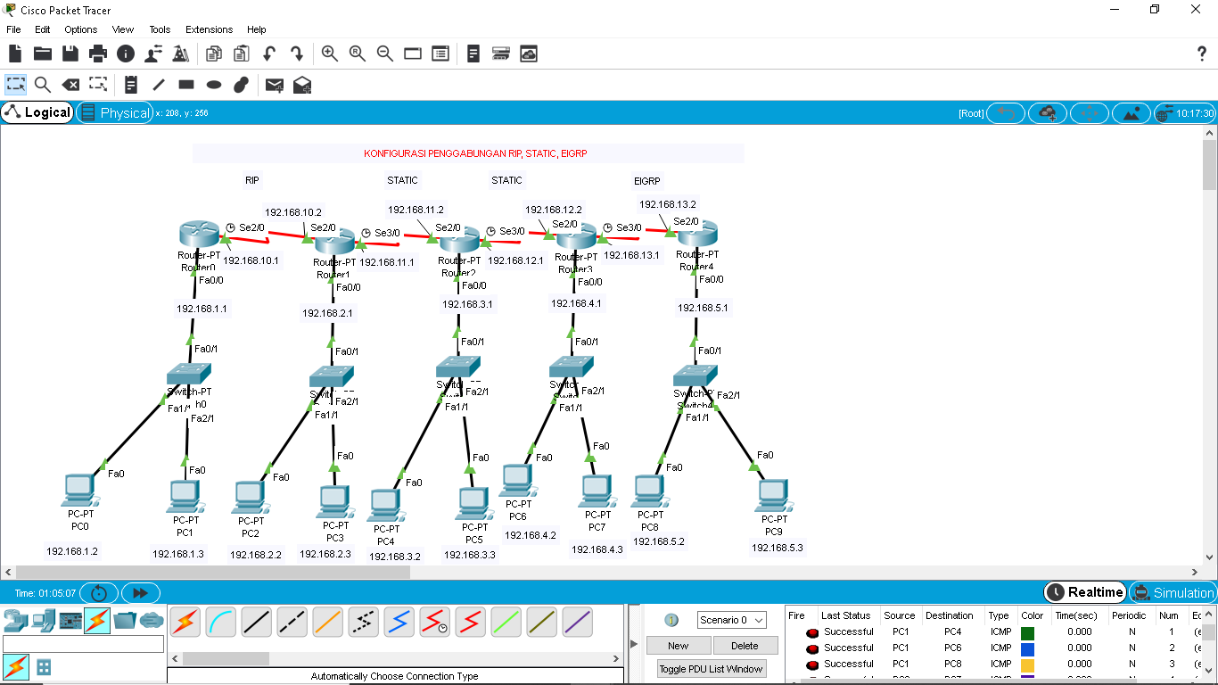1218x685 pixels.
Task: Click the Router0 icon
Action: click(197, 235)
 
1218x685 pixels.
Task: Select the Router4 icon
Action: click(697, 234)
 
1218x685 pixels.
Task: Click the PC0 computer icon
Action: click(79, 490)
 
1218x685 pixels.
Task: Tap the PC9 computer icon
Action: click(773, 495)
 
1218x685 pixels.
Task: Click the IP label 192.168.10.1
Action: click(251, 260)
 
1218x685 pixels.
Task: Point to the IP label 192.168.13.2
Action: click(668, 204)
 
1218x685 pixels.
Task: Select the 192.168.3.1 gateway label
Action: click(467, 304)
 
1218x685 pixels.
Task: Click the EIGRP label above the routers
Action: click(647, 180)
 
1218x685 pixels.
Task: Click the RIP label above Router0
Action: click(252, 180)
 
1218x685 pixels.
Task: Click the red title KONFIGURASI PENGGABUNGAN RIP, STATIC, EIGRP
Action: click(475, 153)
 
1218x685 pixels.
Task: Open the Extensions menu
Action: click(209, 29)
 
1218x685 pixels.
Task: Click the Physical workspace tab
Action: click(115, 112)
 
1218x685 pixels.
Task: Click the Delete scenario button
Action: click(745, 646)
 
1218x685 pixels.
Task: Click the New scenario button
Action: click(678, 646)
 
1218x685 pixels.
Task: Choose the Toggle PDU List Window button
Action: click(711, 669)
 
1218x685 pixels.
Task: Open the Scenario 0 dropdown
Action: click(731, 620)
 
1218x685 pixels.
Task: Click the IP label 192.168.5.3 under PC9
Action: click(777, 548)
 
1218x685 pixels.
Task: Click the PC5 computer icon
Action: click(473, 504)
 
